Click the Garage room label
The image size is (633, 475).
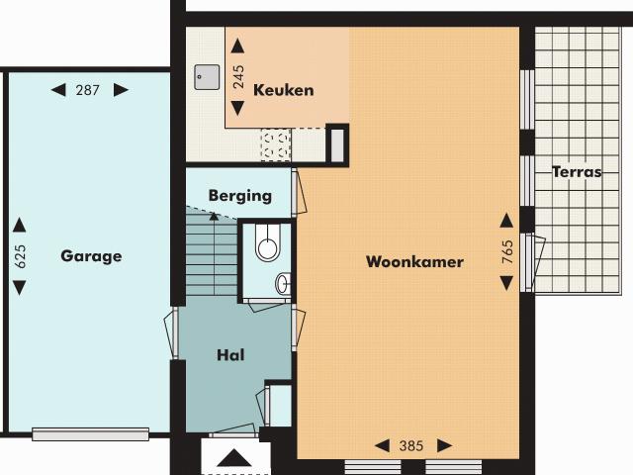coord(91,256)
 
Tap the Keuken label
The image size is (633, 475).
coord(284,90)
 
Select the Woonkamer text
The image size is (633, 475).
coord(414,262)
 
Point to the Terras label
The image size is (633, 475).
coord(577,171)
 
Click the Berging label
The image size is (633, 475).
coord(239,196)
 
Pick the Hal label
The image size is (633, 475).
coord(230,354)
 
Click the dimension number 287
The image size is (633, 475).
coord(89,90)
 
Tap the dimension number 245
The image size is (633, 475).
coord(238,78)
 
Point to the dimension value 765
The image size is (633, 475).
coord(507,251)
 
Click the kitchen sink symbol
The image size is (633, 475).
coord(206,74)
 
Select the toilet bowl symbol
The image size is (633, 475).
coord(267,243)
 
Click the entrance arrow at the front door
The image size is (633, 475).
coord(234,457)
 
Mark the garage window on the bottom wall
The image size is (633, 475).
coord(90,433)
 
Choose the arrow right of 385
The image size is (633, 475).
coord(445,445)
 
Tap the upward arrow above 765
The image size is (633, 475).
coord(506,220)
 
